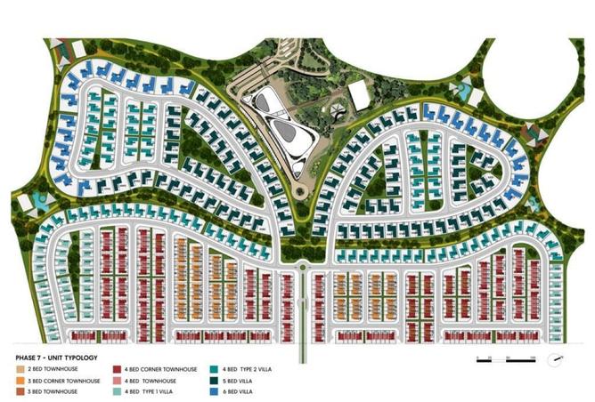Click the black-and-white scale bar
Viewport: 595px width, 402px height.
pos(504,359)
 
